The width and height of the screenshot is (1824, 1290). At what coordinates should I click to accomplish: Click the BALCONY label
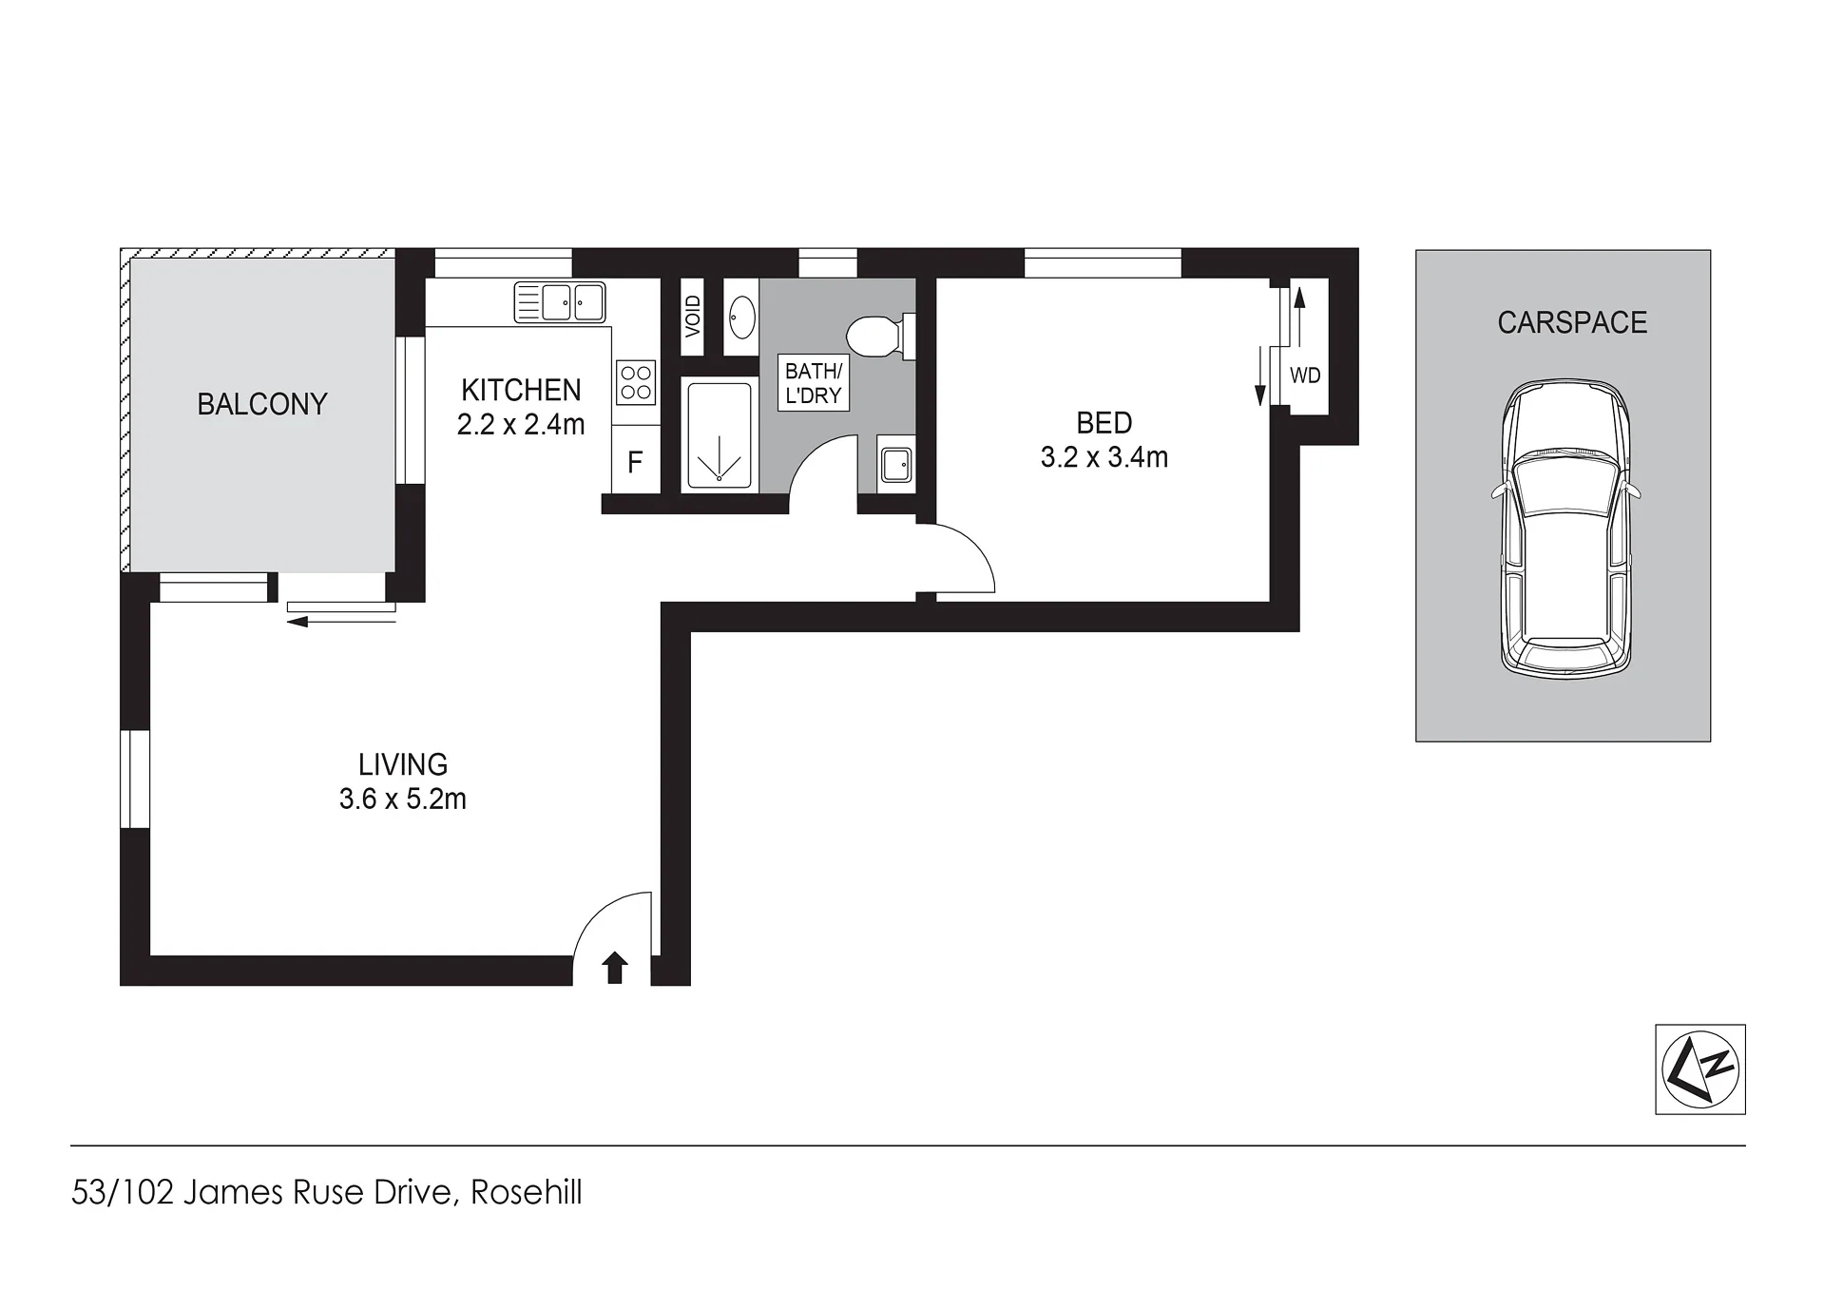point(262,404)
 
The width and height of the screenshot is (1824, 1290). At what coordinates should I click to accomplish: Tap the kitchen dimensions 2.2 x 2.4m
point(521,424)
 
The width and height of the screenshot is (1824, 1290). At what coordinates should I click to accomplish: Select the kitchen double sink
point(560,302)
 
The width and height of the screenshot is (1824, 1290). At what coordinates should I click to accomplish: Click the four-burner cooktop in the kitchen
point(636,381)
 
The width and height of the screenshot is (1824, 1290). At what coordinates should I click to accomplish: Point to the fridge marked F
point(635,463)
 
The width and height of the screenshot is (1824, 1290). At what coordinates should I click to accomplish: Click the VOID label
point(693,317)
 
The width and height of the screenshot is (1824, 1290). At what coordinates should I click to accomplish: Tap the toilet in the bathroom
point(880,337)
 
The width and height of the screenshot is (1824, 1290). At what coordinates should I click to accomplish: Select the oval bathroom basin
point(741,317)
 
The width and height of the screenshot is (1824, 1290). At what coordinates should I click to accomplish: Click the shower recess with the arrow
point(720,434)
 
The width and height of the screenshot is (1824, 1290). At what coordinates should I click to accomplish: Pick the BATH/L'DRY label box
point(814,382)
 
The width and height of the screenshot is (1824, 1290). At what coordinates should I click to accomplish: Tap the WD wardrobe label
point(1305,375)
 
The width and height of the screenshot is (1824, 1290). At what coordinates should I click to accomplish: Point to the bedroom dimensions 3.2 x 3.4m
point(1104,457)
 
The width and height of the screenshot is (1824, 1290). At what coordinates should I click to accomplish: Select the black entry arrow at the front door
point(615,967)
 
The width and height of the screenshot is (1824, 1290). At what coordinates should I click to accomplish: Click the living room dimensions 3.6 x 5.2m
point(403,799)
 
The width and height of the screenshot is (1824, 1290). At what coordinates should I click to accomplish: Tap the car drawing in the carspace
point(1565,529)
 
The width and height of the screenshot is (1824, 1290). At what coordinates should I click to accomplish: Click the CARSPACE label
point(1572,322)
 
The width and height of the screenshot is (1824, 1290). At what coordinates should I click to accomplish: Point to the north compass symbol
point(1700,1069)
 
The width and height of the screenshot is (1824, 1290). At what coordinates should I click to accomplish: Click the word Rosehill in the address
point(527,1192)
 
